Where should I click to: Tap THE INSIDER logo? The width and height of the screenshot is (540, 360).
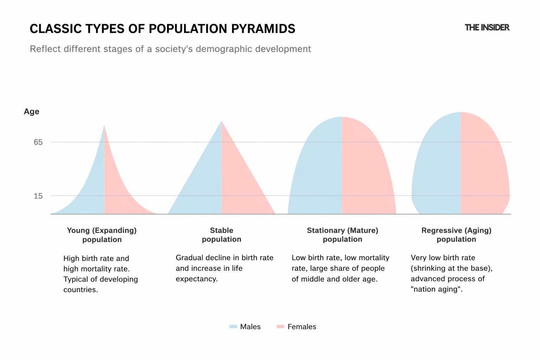tap(487, 27)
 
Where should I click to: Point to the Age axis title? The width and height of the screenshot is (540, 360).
tap(31, 111)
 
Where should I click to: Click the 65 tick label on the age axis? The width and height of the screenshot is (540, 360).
tap(38, 142)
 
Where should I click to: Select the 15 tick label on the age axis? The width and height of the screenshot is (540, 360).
tap(38, 196)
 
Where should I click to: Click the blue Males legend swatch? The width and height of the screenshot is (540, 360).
tap(233, 327)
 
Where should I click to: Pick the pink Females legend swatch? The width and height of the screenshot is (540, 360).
tap(280, 327)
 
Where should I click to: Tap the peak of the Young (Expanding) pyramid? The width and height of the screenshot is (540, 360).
tap(104, 126)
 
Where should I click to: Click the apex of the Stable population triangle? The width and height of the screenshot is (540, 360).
tap(221, 122)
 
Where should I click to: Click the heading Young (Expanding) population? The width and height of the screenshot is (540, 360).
tap(102, 235)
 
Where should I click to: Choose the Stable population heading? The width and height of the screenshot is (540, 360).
tap(221, 235)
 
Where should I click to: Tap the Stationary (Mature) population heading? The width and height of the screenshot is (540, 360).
tap(342, 235)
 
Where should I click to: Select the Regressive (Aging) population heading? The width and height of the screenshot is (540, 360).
tap(456, 235)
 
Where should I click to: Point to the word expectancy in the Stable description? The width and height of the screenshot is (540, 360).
tap(197, 279)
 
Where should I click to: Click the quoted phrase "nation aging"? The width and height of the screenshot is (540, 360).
tap(436, 289)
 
